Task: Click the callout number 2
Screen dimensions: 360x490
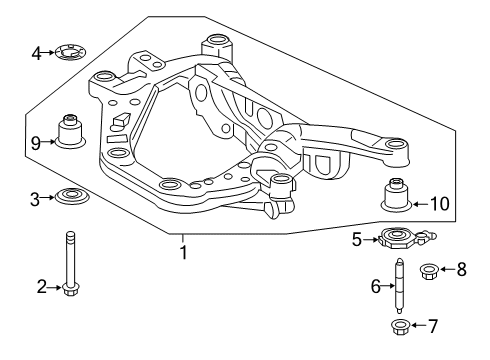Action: [42, 288]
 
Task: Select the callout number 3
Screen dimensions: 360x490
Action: [35, 199]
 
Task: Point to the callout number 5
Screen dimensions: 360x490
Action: [357, 240]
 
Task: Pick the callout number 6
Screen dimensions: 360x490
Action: [376, 287]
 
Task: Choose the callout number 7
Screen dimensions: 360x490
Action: [432, 326]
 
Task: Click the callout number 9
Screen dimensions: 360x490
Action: [36, 142]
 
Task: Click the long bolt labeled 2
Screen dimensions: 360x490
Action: [71, 265]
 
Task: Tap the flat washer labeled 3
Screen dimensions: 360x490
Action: [71, 196]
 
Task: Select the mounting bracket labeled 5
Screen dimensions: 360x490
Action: [396, 239]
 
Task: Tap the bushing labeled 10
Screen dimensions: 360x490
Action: [396, 196]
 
